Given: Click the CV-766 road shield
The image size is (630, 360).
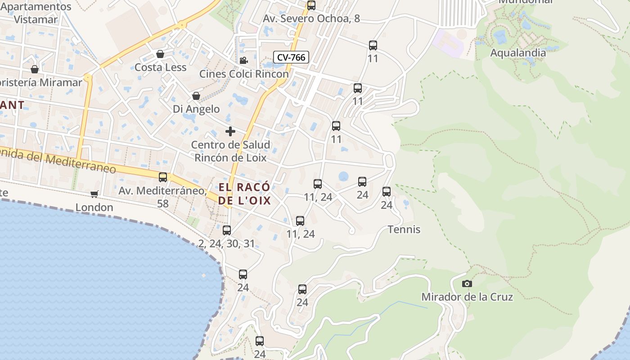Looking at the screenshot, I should (291, 57).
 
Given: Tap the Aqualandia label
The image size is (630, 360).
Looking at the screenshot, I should (517, 53).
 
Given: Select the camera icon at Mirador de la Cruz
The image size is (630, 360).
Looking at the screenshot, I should (467, 283).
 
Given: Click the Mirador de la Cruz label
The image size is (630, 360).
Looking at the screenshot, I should (467, 297).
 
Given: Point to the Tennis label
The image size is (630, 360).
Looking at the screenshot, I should (404, 229).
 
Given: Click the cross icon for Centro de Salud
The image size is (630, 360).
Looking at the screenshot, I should (230, 131).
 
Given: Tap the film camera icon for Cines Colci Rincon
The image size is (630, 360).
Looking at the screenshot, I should (243, 60).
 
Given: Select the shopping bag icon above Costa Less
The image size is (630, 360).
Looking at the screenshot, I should (160, 54).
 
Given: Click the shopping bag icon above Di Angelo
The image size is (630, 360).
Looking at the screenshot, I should (196, 96).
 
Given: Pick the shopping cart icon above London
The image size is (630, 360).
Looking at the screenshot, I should (94, 194).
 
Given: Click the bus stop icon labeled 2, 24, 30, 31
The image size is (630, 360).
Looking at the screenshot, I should (227, 230).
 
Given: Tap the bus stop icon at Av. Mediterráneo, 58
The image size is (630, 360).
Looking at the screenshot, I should (163, 177).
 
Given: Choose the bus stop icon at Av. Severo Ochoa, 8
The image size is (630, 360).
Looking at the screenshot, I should (311, 5).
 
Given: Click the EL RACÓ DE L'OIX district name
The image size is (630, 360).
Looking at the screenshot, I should (245, 194).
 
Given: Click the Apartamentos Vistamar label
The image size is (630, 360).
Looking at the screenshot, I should (36, 13).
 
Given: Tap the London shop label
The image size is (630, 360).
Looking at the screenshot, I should (94, 207).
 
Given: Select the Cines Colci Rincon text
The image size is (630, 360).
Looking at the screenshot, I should (244, 74).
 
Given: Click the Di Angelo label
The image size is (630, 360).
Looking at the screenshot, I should (196, 109).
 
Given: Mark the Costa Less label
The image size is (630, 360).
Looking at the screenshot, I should (160, 67).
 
